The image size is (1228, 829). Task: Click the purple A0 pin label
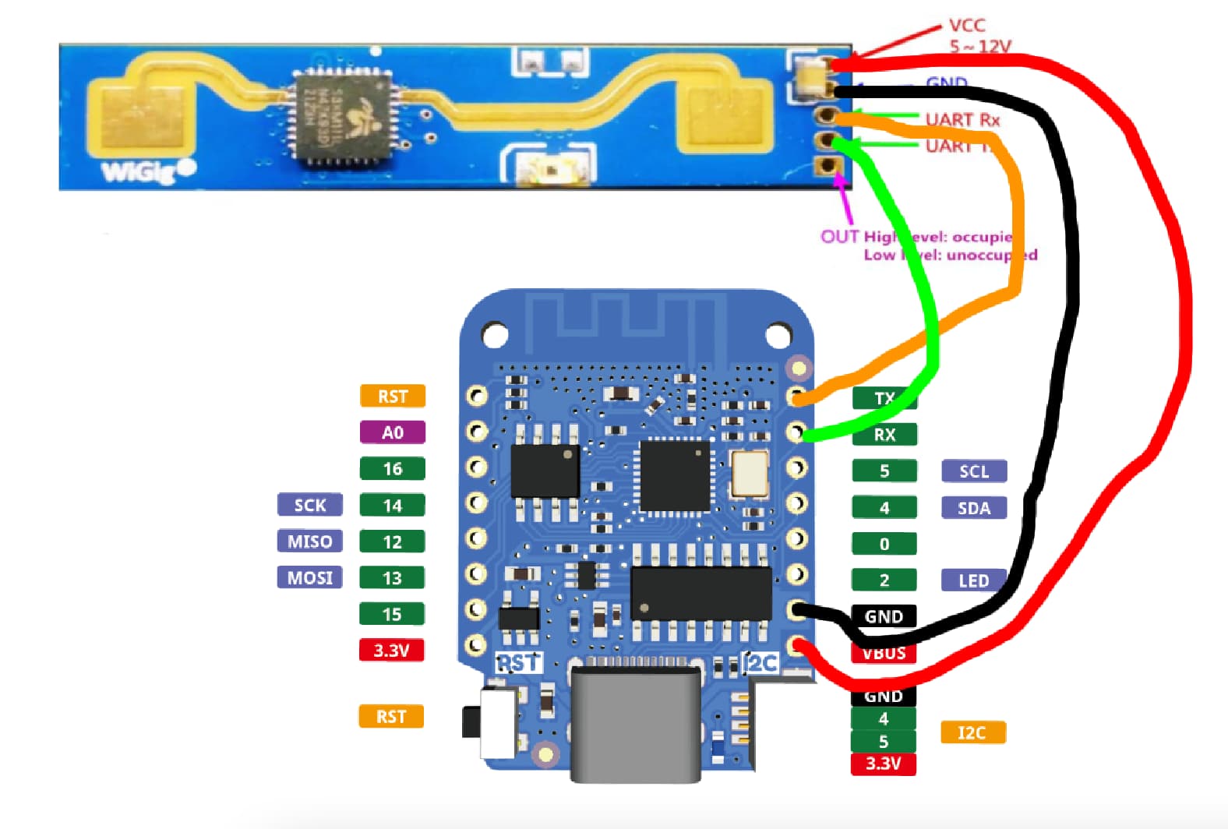point(392,432)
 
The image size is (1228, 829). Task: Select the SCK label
point(309,505)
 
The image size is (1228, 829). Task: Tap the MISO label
point(309,541)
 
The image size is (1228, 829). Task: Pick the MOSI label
point(309,577)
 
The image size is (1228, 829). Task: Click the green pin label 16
point(392,469)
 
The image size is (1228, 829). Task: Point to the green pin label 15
point(392,614)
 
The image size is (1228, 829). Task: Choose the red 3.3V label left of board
point(391,650)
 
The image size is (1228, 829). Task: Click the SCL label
point(973,471)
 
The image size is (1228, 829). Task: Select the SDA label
point(973,508)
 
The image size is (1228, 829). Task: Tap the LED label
point(973,580)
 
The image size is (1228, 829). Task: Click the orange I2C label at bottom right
point(972,732)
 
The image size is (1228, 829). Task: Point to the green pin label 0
point(884,544)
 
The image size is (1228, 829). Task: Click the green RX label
point(884,435)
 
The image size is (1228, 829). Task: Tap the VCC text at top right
point(967,26)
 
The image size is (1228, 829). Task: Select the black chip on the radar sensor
point(342,117)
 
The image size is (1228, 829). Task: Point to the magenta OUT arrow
point(845,199)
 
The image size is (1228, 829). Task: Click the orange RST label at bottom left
point(391,717)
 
